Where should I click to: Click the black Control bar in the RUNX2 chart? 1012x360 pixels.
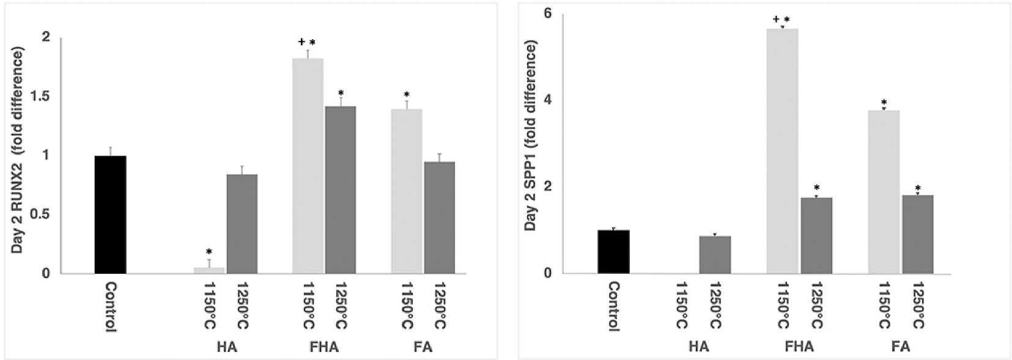point(110,215)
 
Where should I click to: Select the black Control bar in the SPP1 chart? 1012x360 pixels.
point(613,252)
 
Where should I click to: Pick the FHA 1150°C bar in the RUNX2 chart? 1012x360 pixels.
point(308,166)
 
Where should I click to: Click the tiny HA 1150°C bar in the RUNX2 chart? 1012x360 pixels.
point(209,270)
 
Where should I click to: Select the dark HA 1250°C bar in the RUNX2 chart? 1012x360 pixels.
point(242,224)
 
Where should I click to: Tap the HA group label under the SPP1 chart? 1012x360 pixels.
point(698,347)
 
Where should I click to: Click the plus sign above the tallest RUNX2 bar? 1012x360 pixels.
point(301,42)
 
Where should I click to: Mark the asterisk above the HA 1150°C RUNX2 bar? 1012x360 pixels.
point(209,252)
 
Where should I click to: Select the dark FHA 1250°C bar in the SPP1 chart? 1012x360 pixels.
point(816,235)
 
